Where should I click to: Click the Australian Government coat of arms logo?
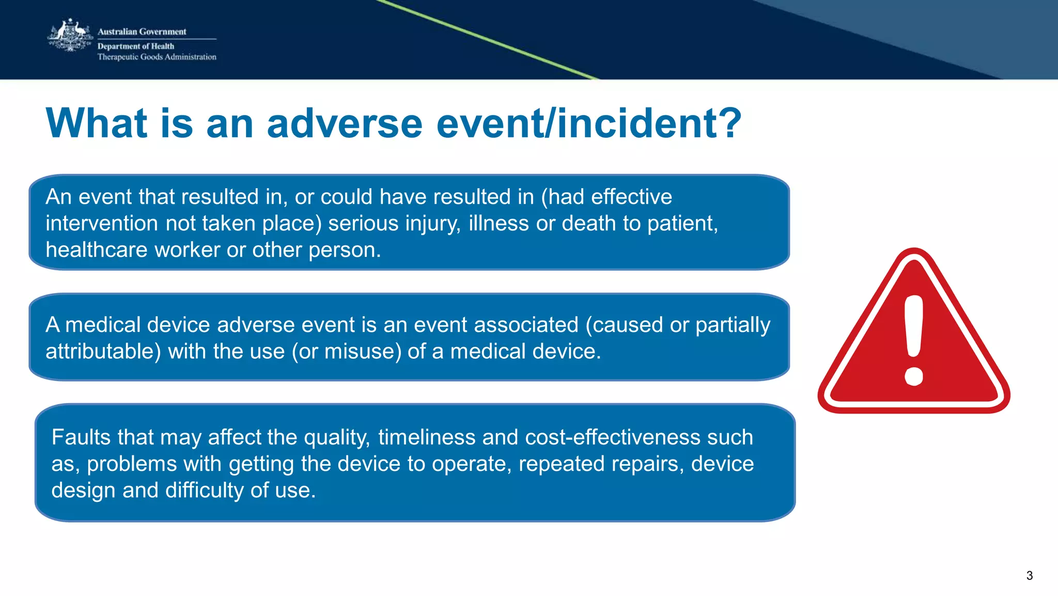(x=70, y=36)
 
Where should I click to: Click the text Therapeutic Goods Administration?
(x=157, y=57)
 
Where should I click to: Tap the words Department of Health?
(x=135, y=46)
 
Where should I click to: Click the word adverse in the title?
(x=345, y=124)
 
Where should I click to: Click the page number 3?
(x=1029, y=575)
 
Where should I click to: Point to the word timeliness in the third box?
(x=426, y=437)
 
